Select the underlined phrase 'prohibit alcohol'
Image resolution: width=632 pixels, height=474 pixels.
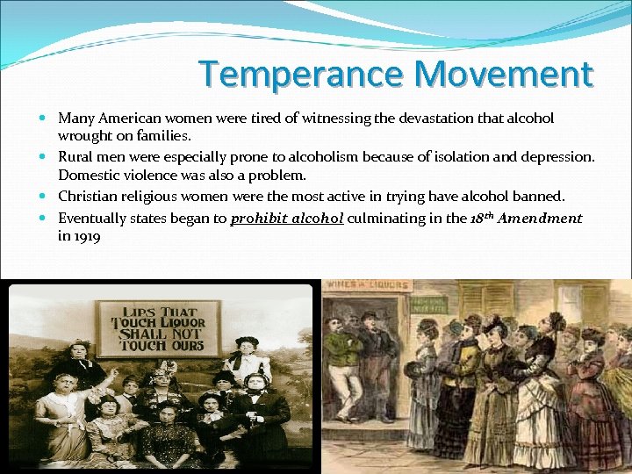[x=286, y=219]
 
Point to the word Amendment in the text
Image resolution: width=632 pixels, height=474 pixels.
[x=541, y=219]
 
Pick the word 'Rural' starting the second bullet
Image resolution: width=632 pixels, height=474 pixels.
[x=76, y=156]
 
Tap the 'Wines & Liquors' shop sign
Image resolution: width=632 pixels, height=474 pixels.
[x=366, y=285]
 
